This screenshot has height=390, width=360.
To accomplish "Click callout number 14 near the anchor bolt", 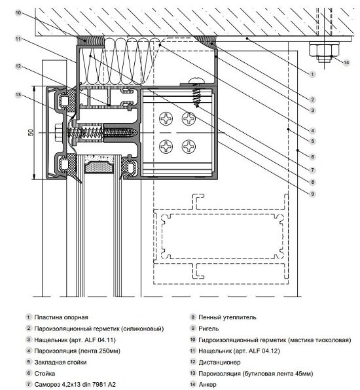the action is pyautogui.click(x=346, y=62).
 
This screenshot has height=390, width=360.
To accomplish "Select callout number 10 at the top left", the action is pyautogui.click(x=18, y=12).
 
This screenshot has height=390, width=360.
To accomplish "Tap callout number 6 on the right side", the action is pyautogui.click(x=312, y=156).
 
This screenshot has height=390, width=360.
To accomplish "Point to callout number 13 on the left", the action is pyautogui.click(x=18, y=95).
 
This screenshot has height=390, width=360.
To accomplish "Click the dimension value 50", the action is pyautogui.click(x=31, y=133).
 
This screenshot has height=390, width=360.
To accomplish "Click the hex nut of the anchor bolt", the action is pyautogui.click(x=324, y=50).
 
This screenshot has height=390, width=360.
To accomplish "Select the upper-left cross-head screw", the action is pyautogui.click(x=166, y=118).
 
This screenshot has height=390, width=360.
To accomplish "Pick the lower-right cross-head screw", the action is pyautogui.click(x=189, y=147).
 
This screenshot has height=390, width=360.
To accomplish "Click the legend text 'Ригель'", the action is pyautogui.click(x=209, y=328).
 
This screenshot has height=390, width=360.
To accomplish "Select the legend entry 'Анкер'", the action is pyautogui.click(x=207, y=385).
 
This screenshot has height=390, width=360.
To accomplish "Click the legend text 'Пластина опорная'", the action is pyautogui.click(x=61, y=317).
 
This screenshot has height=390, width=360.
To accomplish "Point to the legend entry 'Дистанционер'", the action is pyautogui.click(x=219, y=362).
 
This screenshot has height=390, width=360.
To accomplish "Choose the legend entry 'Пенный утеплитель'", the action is pyautogui.click(x=227, y=317).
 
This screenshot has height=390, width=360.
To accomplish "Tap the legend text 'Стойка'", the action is pyautogui.click(x=45, y=374).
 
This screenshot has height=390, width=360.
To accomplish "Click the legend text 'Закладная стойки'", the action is pyautogui.click(x=60, y=362).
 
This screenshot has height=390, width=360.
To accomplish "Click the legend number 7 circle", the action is pyautogui.click(x=29, y=385).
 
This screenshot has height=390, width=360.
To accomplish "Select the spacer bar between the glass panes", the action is pyautogui.click(x=99, y=165).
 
